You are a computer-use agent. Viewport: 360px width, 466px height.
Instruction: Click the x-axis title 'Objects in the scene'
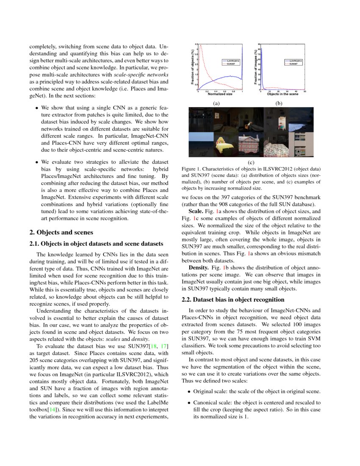(282, 94)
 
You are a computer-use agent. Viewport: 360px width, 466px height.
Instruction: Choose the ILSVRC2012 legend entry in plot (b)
(295, 61)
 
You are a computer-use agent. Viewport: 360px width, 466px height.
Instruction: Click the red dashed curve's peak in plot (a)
(201, 45)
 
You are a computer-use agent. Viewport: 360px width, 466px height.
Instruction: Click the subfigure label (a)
(216, 103)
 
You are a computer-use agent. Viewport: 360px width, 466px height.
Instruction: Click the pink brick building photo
(250, 145)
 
